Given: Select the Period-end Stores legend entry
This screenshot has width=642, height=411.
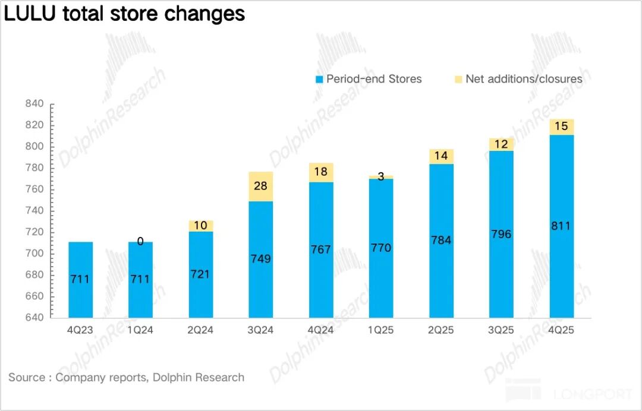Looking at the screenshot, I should (x=369, y=79).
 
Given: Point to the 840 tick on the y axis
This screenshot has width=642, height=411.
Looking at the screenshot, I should (x=34, y=104).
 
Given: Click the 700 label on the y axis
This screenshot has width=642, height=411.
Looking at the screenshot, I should (x=34, y=254).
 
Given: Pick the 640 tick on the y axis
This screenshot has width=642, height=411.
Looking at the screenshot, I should (x=34, y=318).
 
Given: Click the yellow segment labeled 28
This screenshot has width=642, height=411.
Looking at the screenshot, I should (x=260, y=186).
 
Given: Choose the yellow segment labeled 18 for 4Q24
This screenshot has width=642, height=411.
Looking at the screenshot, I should (x=321, y=172).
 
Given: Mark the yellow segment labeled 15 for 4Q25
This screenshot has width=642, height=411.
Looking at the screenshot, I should (x=561, y=127).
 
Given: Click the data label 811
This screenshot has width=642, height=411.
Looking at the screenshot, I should (x=561, y=226).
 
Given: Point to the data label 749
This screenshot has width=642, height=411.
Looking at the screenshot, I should (x=260, y=258).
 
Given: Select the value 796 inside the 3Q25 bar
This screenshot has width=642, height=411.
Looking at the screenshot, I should (x=501, y=234).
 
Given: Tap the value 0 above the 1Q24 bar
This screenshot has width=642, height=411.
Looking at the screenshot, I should (x=140, y=241).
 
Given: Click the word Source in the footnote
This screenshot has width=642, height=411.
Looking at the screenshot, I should (x=26, y=377).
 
